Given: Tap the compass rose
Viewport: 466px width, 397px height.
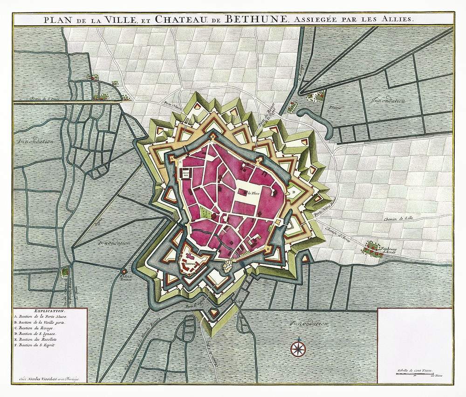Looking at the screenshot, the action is pyautogui.click(x=297, y=347).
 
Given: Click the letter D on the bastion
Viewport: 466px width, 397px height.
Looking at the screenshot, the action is pyautogui.click(x=294, y=191).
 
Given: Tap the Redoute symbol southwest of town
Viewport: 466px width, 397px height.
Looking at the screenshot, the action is pyautogui.click(x=124, y=271).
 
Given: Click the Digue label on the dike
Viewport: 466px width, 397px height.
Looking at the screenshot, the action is pyautogui.click(x=99, y=223).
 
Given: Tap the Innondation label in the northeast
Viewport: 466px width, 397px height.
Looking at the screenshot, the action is pyautogui.click(x=388, y=101).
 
